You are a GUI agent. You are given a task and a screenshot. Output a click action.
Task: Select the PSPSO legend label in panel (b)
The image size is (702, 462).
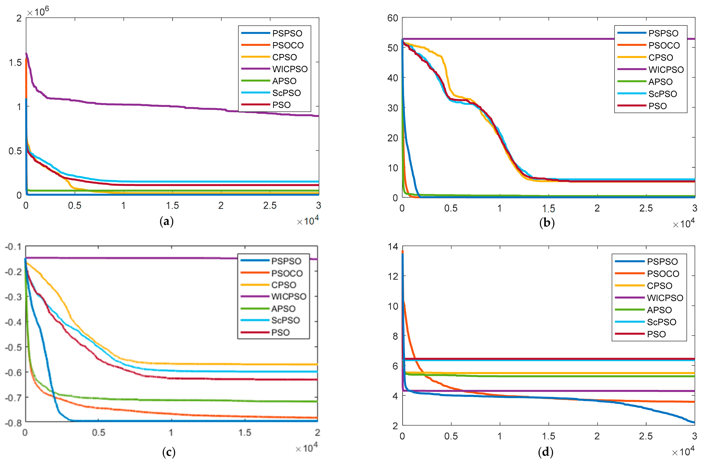pyautogui.click(x=663, y=33)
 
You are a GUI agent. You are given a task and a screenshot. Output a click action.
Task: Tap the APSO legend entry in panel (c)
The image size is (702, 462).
pyautogui.click(x=283, y=309)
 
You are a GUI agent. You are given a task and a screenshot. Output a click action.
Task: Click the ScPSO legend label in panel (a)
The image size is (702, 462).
pyautogui.click(x=286, y=93)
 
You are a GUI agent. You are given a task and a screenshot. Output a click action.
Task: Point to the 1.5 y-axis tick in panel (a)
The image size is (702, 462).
pyautogui.click(x=15, y=63)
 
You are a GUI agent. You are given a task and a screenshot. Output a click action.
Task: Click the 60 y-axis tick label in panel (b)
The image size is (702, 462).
pyautogui.click(x=393, y=18)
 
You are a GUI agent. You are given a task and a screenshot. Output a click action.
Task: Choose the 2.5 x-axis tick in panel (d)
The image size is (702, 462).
pyautogui.click(x=646, y=436)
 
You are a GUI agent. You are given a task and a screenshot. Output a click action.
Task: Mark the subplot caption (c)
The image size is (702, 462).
pyautogui.click(x=169, y=452)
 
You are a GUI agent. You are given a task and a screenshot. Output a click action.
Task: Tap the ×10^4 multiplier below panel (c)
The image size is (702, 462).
pyautogui.click(x=307, y=448)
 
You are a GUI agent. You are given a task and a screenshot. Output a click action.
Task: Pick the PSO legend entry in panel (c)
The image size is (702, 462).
pyautogui.click(x=280, y=333)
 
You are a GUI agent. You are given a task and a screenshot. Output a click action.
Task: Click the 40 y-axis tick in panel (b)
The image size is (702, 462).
pyautogui.click(x=393, y=78)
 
